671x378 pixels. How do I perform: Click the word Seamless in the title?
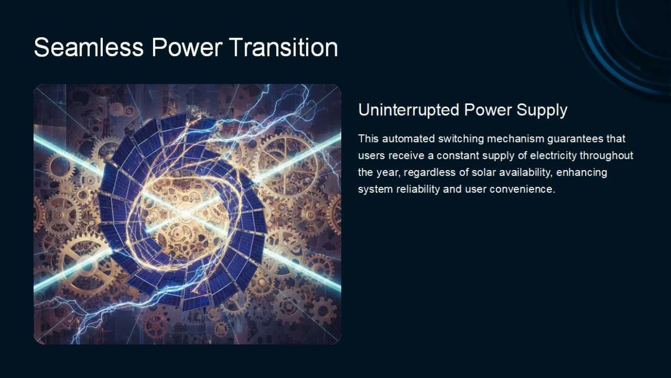pyautogui.click(x=89, y=47)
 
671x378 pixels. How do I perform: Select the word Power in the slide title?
pyautogui.click(x=187, y=47)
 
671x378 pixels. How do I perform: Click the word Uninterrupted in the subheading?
pyautogui.click(x=409, y=110)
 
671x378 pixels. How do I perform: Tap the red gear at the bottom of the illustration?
pyautogui.click(x=156, y=326)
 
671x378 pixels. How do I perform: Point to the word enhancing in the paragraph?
pyautogui.click(x=581, y=173)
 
